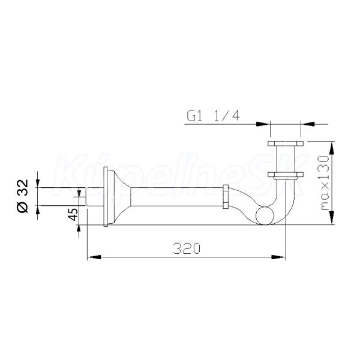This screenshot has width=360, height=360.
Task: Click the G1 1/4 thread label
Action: [213, 116]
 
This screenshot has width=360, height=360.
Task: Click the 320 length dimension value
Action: [187, 248]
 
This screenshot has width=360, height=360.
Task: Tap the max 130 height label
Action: [325, 183]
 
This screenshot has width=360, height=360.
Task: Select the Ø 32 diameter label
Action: [23, 196]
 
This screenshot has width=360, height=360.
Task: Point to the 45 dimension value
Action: [73, 214]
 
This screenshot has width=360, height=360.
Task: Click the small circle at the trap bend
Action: [265, 215]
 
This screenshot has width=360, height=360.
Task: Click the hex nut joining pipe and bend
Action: [226, 196]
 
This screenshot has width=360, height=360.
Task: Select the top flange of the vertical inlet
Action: [286, 143]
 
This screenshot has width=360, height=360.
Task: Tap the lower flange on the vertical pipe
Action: [286, 175]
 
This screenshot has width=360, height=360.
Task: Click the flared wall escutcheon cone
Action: [119, 197]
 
